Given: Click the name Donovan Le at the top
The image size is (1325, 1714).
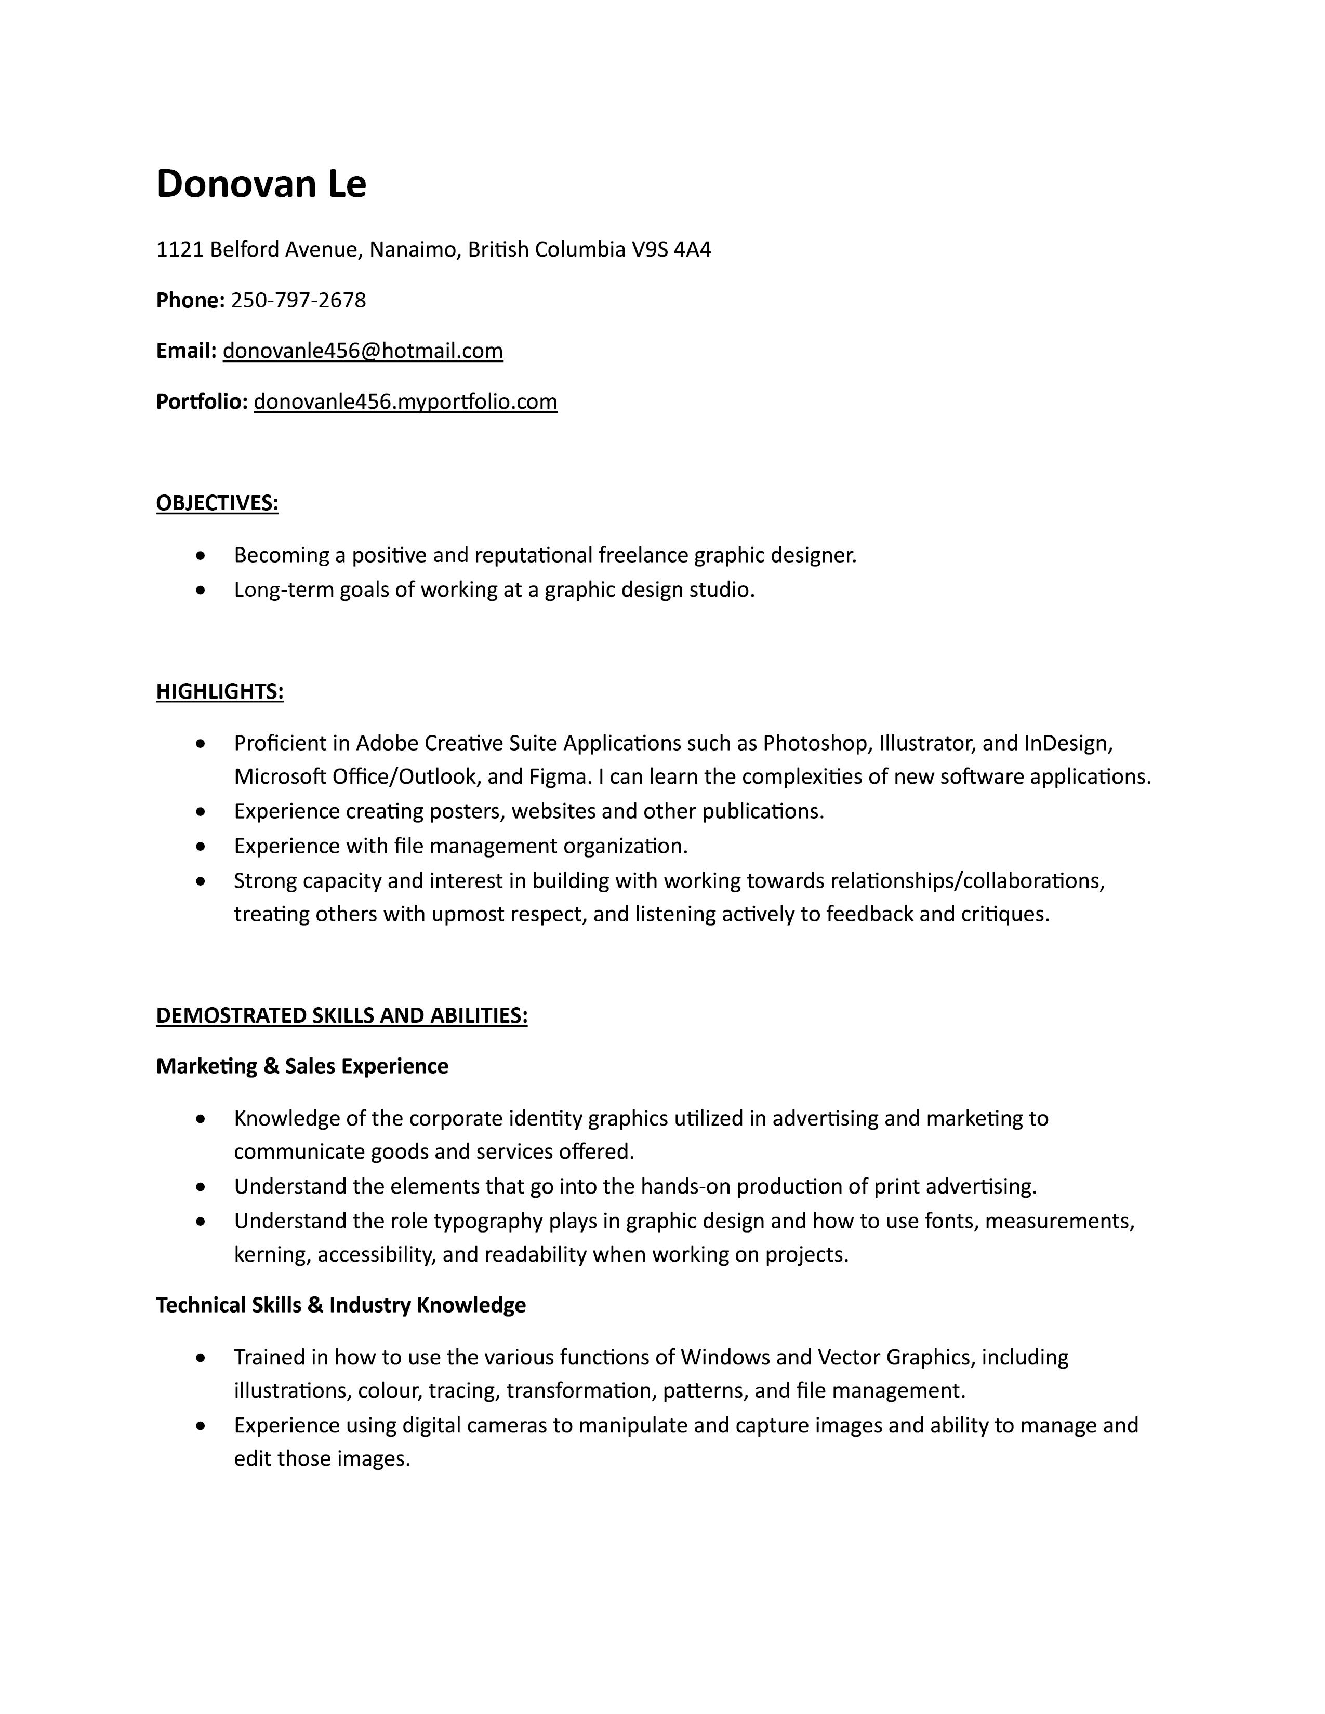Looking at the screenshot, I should pos(261,184).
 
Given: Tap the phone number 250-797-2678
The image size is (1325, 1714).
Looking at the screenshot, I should pos(298,300).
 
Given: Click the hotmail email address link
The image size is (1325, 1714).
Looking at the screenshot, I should pos(363,351).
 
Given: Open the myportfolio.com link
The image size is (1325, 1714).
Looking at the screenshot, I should pos(405,402).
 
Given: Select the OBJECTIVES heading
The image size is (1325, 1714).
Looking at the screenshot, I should pos(217,503).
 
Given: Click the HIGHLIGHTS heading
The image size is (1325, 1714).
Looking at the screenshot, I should pos(220,691).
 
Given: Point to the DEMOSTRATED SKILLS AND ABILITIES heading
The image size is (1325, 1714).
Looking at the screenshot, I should pos(341,1015).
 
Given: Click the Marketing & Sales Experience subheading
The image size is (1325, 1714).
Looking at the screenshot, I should pos(302,1066).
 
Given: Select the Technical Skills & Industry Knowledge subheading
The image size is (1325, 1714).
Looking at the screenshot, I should pos(341,1305).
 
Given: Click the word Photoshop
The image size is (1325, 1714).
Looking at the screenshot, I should pos(816,742).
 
